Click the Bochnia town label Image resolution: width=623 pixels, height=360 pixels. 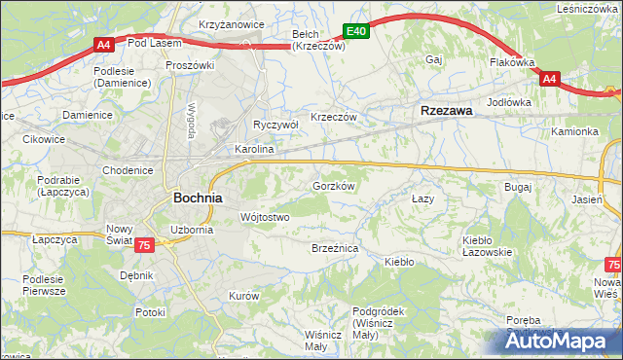click(x=198, y=197)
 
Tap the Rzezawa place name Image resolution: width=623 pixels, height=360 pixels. click(x=446, y=111)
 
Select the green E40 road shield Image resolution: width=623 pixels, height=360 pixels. click(x=357, y=32)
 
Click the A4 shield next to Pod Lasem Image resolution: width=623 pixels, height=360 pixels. click(x=104, y=44)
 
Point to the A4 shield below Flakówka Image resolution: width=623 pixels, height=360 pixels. click(x=549, y=79)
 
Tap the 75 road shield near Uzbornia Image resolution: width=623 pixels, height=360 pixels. click(x=144, y=246)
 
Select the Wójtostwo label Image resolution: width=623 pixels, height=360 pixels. click(x=265, y=217)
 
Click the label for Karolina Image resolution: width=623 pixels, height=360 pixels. click(x=254, y=151)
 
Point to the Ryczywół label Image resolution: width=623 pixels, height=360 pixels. click(x=275, y=125)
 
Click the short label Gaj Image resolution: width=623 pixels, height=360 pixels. click(x=434, y=59)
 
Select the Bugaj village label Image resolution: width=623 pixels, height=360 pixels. click(x=517, y=186)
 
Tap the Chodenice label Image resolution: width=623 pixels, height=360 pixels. click(x=128, y=170)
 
